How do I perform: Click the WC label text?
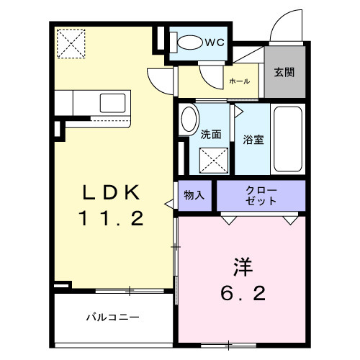click(x=215, y=42)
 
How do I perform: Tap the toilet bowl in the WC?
click(x=189, y=42)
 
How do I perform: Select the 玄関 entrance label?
click(x=284, y=72)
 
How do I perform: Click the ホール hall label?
click(x=239, y=81)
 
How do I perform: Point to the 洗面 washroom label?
click(x=210, y=134)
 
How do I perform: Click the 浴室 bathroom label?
click(x=253, y=140)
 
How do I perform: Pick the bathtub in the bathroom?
click(x=288, y=140)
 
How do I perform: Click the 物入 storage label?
click(x=194, y=195)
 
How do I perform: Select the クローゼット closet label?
click(x=261, y=195)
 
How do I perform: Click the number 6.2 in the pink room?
click(x=243, y=293)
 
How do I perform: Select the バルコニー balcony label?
click(x=112, y=316)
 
